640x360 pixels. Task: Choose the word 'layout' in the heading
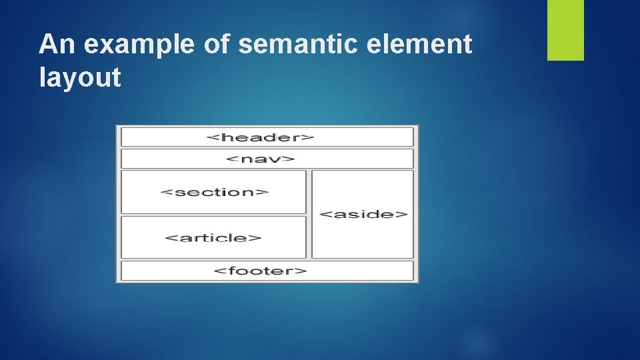pyautogui.click(x=80, y=78)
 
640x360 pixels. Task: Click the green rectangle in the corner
pyautogui.click(x=565, y=30)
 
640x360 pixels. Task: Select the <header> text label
pyautogui.click(x=260, y=137)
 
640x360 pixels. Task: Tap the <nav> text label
pyautogui.click(x=260, y=159)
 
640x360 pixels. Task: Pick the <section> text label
pyautogui.click(x=215, y=192)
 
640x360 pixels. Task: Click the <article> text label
pyautogui.click(x=213, y=237)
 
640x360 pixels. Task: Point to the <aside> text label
pyautogui.click(x=363, y=214)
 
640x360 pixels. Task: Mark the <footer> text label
pyautogui.click(x=260, y=271)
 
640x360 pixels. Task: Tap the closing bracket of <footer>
pyautogui.click(x=303, y=271)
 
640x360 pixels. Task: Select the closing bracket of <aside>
pyautogui.click(x=403, y=214)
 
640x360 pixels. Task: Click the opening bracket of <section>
pyautogui.click(x=165, y=192)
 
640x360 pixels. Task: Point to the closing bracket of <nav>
pyautogui.click(x=291, y=159)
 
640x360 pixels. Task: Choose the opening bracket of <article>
pyautogui.click(x=168, y=237)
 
